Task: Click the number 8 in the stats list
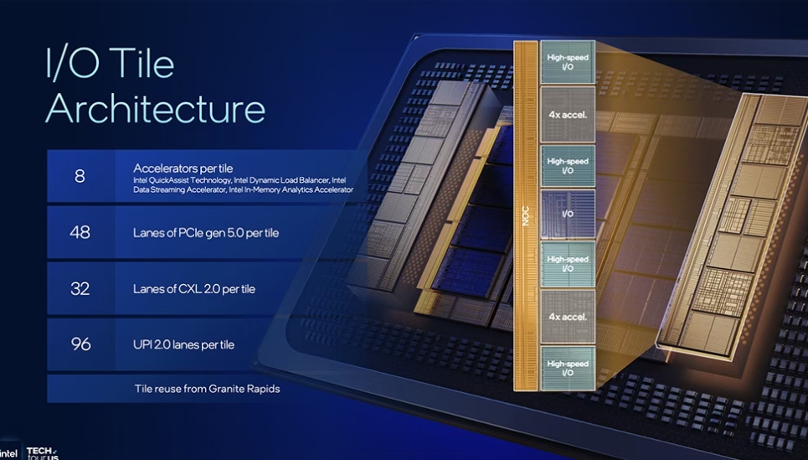click(80, 176)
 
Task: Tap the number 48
click(80, 232)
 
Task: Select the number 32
click(80, 288)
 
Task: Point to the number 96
click(80, 344)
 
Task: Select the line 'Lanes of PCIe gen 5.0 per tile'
click(206, 233)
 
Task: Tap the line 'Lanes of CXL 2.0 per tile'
click(194, 289)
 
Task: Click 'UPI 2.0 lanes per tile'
click(183, 344)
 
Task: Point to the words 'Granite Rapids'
click(242, 389)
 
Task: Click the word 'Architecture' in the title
click(155, 109)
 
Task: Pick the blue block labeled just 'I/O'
click(568, 214)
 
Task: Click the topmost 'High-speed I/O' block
click(568, 61)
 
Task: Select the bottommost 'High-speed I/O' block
click(568, 369)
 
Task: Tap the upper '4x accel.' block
click(568, 114)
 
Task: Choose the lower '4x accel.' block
click(568, 317)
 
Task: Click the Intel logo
click(8, 452)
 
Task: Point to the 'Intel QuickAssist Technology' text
click(181, 180)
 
